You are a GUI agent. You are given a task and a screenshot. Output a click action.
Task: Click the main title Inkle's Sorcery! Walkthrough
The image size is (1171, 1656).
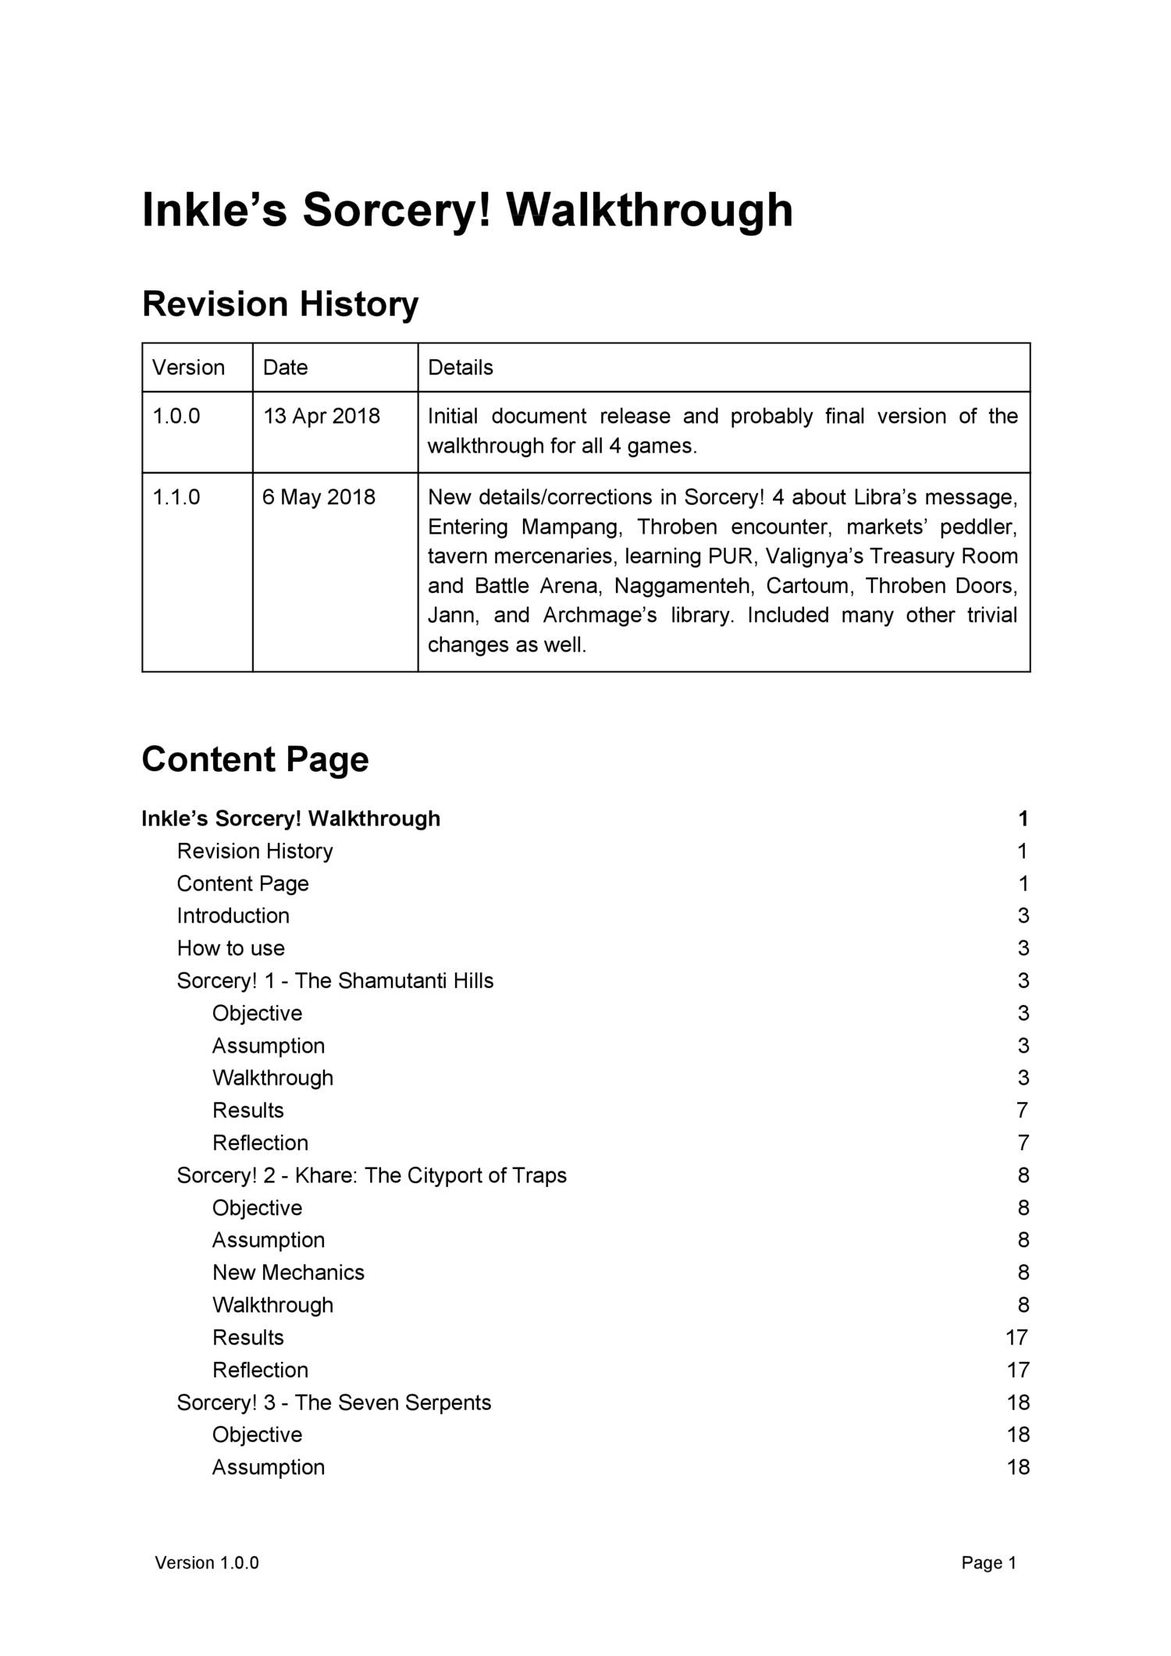467,211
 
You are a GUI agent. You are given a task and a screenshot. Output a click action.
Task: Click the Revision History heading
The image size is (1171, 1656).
279,304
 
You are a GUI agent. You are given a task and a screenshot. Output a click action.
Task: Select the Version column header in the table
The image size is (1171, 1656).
188,368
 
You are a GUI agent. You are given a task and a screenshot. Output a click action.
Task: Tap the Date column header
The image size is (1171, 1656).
285,368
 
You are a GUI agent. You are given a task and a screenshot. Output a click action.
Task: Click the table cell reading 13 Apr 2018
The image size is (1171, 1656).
321,416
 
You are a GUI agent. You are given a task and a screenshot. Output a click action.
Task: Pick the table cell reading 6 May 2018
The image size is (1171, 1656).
319,497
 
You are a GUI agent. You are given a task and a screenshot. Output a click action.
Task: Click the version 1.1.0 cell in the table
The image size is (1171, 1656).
176,497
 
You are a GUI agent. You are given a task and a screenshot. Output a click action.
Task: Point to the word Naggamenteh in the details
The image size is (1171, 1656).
682,585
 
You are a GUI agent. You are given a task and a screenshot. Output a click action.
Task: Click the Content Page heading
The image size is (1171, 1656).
254,759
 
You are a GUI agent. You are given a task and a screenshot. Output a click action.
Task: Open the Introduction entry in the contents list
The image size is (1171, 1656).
233,915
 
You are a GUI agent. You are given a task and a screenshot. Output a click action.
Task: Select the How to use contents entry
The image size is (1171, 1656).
230,948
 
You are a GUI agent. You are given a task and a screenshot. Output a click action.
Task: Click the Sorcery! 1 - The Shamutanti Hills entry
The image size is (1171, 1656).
335,981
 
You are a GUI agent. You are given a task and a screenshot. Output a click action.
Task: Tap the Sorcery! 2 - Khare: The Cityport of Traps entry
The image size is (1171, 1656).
372,1175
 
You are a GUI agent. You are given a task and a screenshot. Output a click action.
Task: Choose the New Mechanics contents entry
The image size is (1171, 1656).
288,1273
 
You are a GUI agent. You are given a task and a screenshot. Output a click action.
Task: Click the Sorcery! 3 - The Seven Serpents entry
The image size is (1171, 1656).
333,1402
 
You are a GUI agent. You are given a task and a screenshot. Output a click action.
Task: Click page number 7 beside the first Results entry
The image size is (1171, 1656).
1023,1111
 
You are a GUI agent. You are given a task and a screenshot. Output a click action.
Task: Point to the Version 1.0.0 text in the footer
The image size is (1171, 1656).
207,1562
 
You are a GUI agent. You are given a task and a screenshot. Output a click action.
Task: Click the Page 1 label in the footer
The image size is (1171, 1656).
988,1562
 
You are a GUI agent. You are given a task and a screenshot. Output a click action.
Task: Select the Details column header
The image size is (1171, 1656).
461,368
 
